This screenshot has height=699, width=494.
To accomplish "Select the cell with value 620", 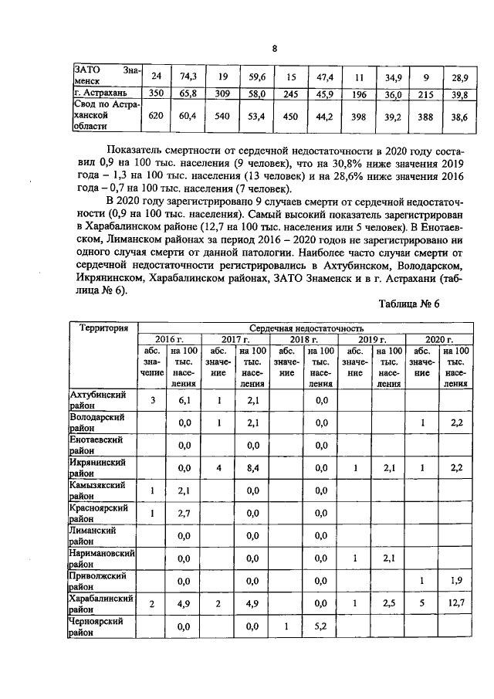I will [x=156, y=116].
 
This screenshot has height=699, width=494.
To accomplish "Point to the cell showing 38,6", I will [x=460, y=116].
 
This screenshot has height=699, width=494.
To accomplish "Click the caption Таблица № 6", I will [x=408, y=304].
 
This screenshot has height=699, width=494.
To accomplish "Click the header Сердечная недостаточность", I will [x=307, y=328].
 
